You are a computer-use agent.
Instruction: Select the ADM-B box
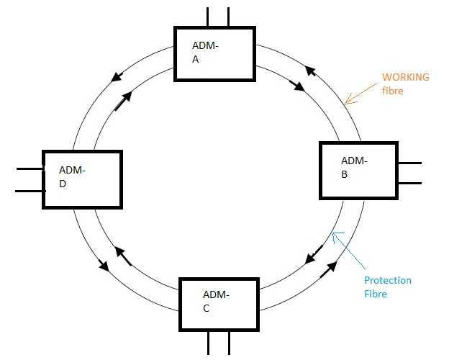point(358,170)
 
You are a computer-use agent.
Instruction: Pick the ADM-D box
point(82,179)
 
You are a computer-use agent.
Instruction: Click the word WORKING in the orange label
point(405,76)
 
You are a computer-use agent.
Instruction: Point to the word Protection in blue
point(387,280)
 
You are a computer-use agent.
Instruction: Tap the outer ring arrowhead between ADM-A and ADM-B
point(310,70)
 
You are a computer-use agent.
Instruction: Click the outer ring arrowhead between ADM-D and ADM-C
point(104,266)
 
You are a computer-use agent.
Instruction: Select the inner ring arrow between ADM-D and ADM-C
point(122,256)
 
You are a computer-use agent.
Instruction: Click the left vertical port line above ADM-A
point(207,17)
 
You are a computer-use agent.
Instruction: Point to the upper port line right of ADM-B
point(409,163)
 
